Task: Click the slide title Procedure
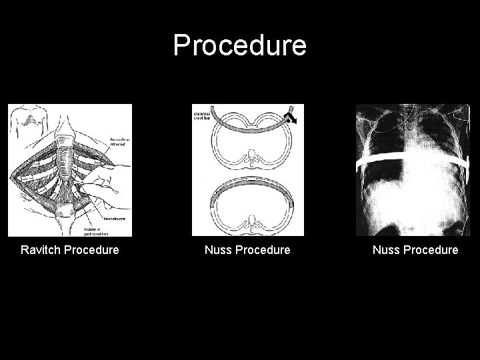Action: click(x=240, y=45)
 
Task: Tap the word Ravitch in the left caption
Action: click(x=41, y=250)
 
